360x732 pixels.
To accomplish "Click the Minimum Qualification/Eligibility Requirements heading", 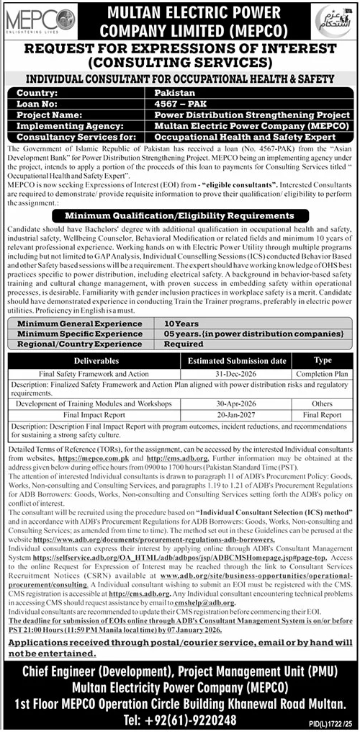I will pos(179,215).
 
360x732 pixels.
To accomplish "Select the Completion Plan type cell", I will pos(322,374).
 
